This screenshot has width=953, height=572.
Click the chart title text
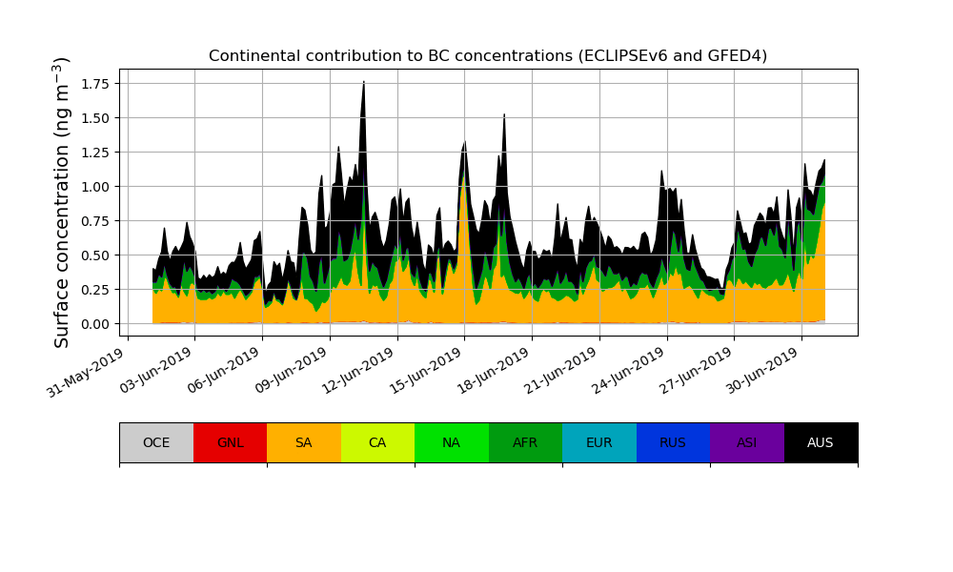pos(488,55)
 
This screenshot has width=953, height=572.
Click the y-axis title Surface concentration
pos(63,202)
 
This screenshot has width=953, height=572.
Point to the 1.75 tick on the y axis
pos(94,84)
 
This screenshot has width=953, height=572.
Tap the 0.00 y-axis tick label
pos(94,324)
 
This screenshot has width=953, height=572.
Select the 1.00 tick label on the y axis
pos(94,187)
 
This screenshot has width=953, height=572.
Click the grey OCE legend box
pos(156,442)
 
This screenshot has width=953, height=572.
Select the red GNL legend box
pos(230,442)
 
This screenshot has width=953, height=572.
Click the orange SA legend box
pos(304,442)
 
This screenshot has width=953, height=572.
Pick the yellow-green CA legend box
pos(377,442)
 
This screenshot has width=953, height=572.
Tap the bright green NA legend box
pos(452,442)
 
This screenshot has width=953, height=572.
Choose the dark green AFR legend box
pos(525,442)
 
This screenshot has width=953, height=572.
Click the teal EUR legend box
pos(599,442)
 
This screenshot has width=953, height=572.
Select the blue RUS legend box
pos(673,442)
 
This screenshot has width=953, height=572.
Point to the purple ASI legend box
pos(747,442)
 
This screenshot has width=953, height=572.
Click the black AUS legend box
pos(821,442)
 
